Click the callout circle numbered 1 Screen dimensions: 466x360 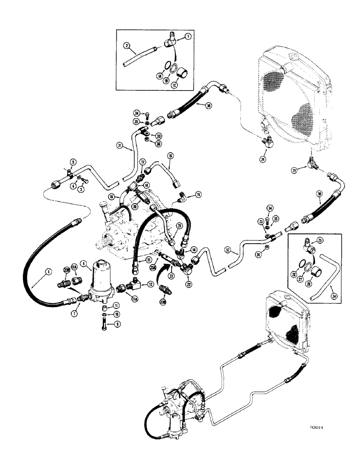(188, 36)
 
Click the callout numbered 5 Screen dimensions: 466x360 (72, 162)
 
